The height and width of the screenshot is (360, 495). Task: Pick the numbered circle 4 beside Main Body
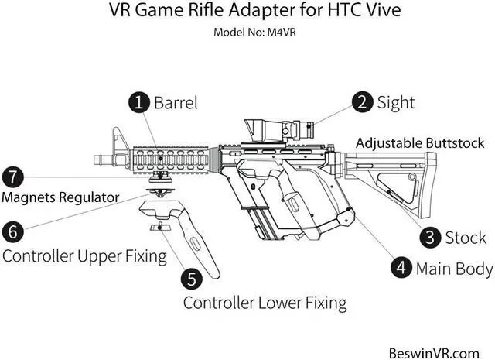click(x=400, y=268)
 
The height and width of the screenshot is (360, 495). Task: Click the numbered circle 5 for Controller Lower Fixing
click(x=191, y=278)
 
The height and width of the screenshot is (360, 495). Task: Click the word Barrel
click(x=176, y=103)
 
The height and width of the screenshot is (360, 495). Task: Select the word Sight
click(x=396, y=102)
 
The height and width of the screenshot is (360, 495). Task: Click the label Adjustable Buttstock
click(x=420, y=143)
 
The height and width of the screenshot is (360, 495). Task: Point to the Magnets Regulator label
click(x=60, y=197)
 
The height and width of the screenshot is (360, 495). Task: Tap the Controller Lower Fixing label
click(x=265, y=302)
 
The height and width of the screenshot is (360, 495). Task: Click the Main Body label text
click(x=454, y=269)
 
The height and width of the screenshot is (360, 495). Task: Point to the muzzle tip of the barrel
click(x=97, y=160)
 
